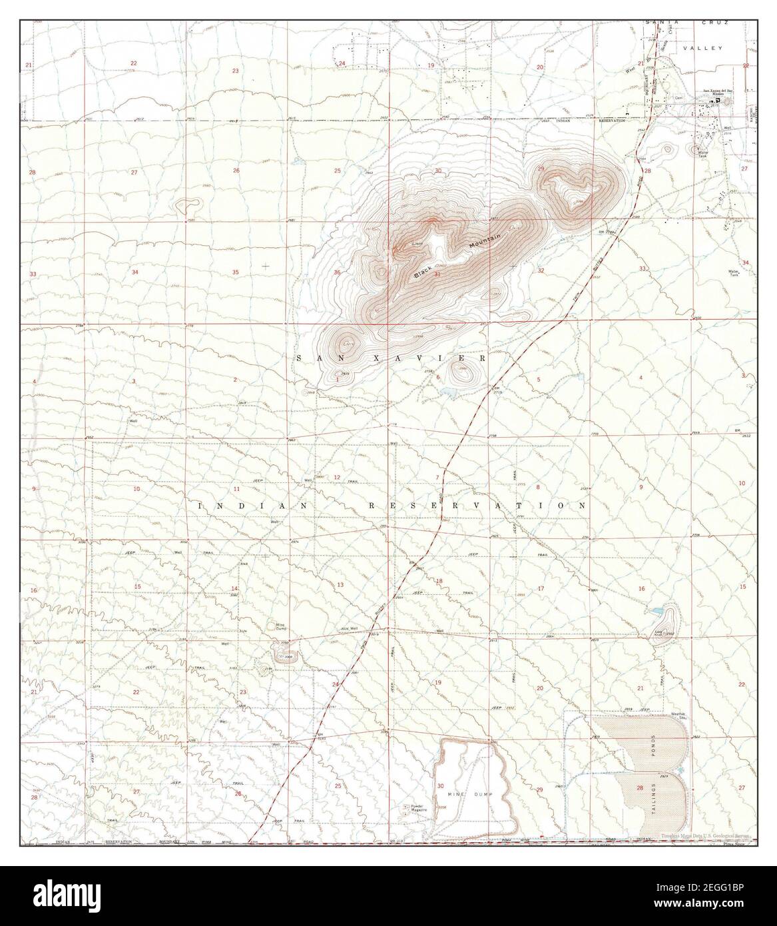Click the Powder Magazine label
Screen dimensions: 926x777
click(417, 808)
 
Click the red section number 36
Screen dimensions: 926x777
click(338, 272)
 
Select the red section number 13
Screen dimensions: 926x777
click(340, 584)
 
